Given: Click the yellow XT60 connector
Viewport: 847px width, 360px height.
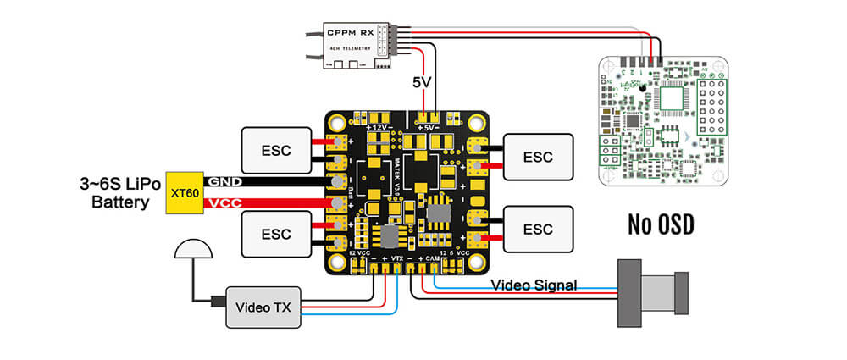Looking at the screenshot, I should (184, 192).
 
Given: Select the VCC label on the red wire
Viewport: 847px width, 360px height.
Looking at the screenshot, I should (224, 203).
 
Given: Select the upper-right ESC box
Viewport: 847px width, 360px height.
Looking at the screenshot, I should (537, 157).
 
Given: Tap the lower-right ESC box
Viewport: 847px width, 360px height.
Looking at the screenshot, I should (537, 229).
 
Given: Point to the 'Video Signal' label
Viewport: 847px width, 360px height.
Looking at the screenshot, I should (533, 285).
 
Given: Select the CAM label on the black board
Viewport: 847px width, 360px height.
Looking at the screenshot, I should (430, 255).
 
